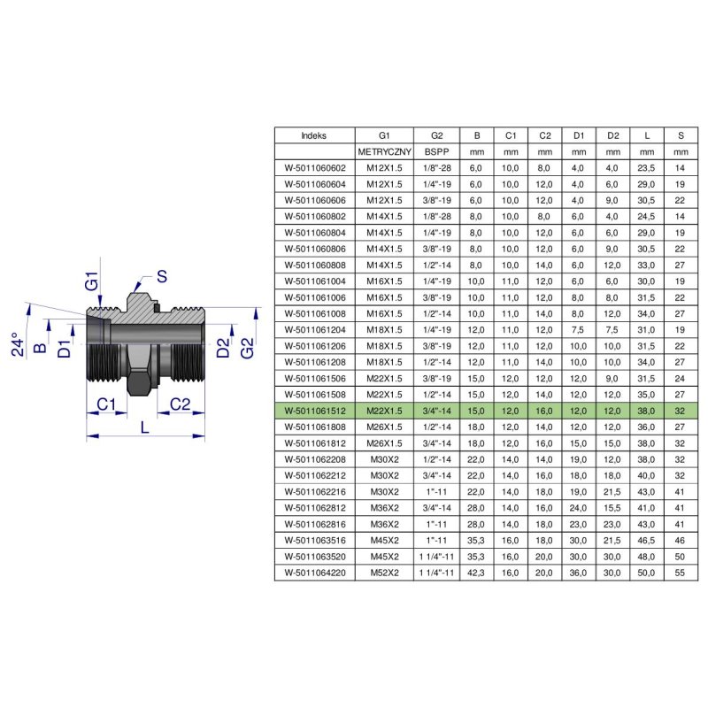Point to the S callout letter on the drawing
163,275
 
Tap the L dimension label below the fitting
145,427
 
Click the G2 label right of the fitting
249,348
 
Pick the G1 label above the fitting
90,283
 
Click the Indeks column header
313,136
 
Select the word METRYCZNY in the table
384,151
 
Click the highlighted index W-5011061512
314,411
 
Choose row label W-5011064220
314,573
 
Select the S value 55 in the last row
680,573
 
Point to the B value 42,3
477,573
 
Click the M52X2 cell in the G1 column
384,573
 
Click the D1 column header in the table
578,136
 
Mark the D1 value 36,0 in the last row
578,573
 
